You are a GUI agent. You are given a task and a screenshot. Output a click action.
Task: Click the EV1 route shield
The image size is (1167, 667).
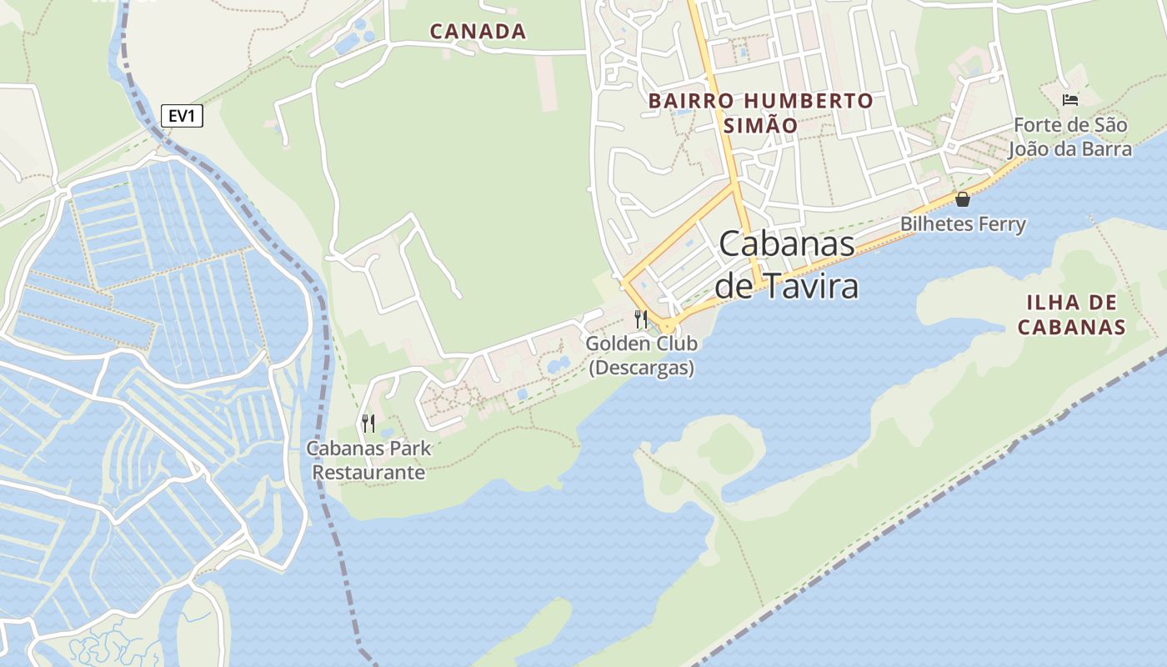(181, 116)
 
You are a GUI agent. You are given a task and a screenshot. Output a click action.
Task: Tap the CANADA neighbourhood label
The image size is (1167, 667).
(478, 32)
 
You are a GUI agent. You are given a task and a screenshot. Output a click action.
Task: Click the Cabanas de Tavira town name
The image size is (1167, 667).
(787, 264)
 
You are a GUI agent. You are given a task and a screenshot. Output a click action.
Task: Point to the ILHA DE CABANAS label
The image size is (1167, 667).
(1071, 314)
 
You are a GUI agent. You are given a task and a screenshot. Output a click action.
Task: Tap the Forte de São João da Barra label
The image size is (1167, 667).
(1070, 138)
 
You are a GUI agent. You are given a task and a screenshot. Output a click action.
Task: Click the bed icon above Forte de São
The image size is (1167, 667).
(1070, 100)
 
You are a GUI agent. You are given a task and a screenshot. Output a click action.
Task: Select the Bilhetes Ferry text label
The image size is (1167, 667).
(963, 224)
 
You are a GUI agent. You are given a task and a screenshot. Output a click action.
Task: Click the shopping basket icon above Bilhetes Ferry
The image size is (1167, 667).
(963, 199)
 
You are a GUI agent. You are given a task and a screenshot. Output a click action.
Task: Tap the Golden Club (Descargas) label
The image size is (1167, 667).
(642, 355)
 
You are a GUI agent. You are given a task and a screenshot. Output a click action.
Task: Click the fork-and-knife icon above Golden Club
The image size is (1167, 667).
(641, 318)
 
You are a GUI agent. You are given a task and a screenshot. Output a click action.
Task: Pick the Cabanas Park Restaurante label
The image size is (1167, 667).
(368, 460)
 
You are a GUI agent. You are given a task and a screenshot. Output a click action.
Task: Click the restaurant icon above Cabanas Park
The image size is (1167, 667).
(368, 423)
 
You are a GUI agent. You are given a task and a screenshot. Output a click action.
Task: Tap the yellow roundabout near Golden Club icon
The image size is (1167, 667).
(668, 326)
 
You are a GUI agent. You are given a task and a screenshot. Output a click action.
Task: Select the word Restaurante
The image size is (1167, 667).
(368, 473)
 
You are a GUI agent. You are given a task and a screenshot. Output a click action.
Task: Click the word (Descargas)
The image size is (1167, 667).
(642, 368)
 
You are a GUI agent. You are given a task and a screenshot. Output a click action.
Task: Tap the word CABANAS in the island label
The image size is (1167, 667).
(1071, 327)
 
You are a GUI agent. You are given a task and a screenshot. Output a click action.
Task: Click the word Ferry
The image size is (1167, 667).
(1003, 224)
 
